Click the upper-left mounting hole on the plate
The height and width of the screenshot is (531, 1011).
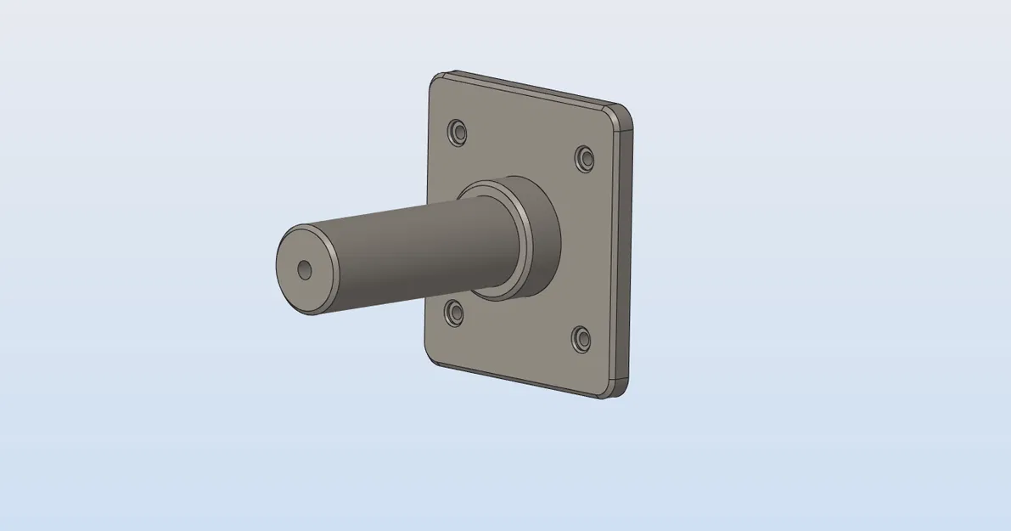458,132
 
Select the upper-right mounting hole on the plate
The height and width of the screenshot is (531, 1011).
585,158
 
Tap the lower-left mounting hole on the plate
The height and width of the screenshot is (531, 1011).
456,314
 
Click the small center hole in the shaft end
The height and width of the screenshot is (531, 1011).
305,270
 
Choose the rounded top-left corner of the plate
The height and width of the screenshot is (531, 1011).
435,79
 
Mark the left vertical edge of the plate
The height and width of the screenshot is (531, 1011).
427,221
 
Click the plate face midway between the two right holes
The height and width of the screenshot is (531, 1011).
584,248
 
